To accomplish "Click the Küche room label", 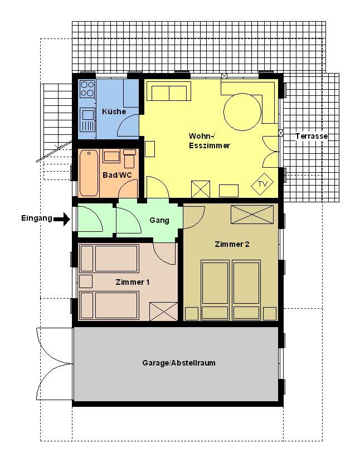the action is coord(114,111).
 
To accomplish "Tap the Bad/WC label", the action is coord(117,175).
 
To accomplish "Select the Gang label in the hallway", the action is coord(159,220).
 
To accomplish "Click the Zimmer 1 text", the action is coord(132,282).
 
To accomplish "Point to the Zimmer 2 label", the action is coord(232,244).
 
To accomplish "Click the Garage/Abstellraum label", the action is coord(179,363).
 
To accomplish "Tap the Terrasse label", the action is coord(312,136).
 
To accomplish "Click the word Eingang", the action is coord(37,218).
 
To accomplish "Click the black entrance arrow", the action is coord(62,219).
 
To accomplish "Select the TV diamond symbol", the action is coord(262,184).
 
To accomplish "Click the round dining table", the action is coord(242,111).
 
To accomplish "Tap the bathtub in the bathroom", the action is coord(89,173).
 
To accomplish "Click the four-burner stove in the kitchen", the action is coord(87,89).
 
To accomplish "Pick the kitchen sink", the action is coord(87,119).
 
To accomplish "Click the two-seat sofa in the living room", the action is coord(169,91).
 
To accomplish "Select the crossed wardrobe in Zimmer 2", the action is coord(252,215).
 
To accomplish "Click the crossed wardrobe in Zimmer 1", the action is coord(163,311).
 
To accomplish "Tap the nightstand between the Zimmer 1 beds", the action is coord(86,281).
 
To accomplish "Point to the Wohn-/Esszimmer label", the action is coord(210,140).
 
